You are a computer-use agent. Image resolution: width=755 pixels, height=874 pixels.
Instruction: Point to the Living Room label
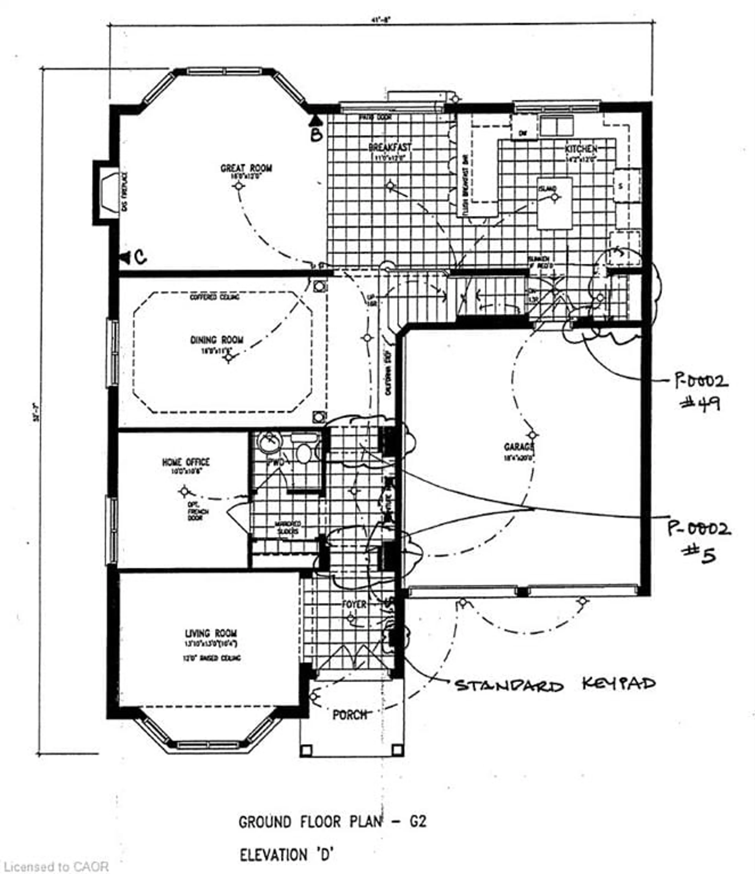coord(211,633)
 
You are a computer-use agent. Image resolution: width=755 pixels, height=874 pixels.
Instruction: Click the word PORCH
coord(349,715)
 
